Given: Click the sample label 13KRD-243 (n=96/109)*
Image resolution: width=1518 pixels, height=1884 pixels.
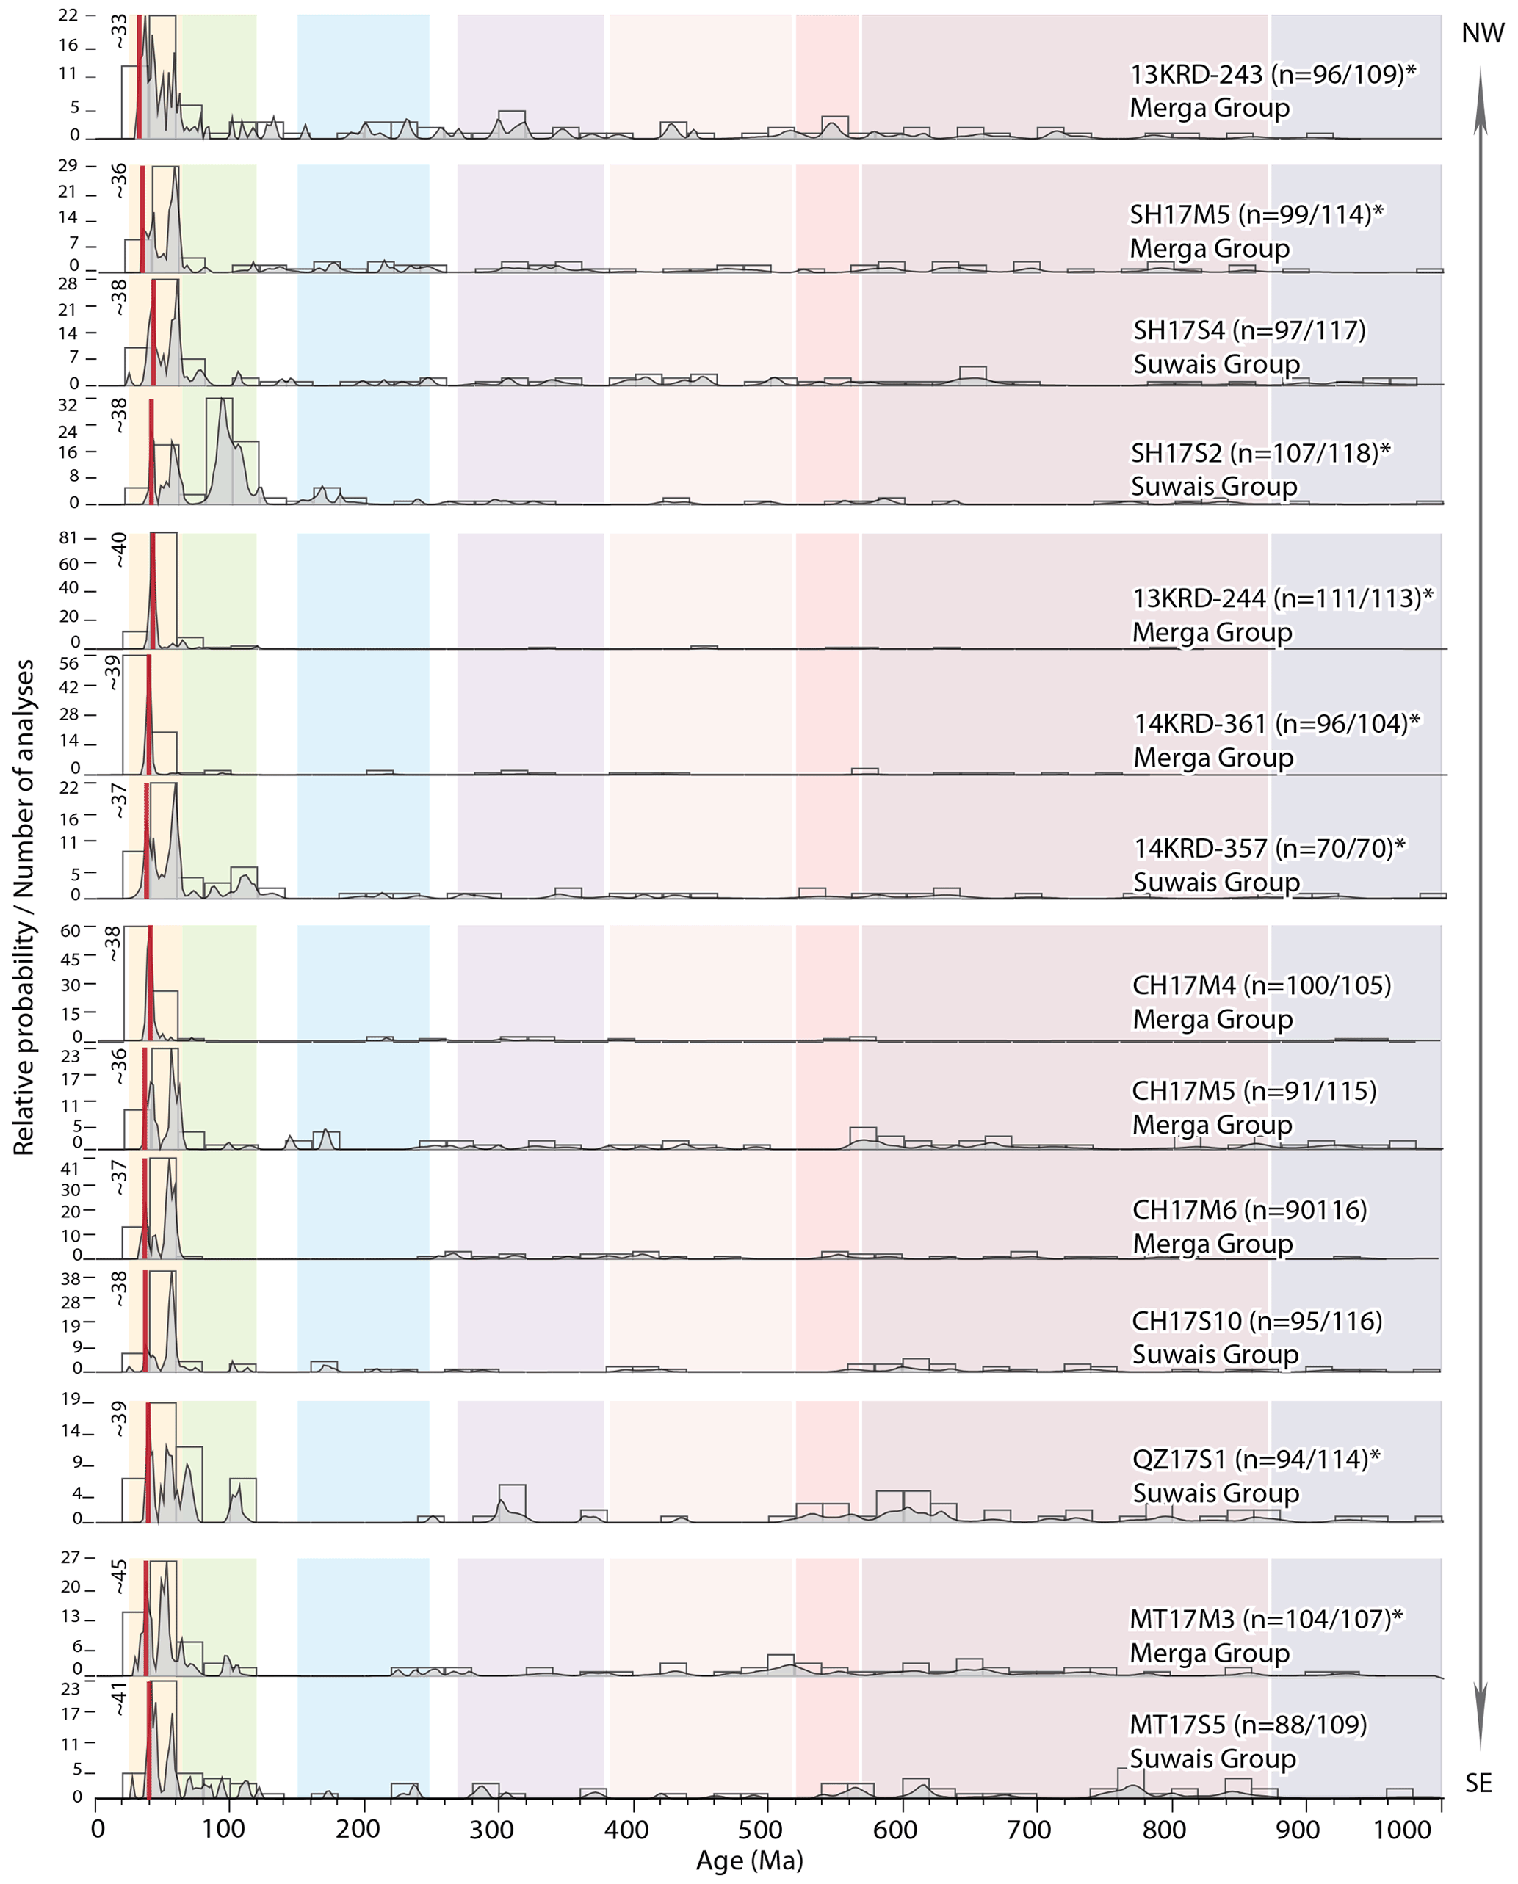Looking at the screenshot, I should point(1272,74).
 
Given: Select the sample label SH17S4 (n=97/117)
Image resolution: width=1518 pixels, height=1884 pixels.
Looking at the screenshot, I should point(1248,330).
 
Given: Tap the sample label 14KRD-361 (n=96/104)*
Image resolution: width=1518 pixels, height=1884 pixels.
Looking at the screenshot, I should point(1276,724).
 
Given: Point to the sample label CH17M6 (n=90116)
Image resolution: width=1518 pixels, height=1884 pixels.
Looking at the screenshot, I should point(1248,1210).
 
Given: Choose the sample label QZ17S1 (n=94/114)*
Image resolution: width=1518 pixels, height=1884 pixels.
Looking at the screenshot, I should point(1256,1459).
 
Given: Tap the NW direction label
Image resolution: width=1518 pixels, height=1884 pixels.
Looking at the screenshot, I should point(1483,33).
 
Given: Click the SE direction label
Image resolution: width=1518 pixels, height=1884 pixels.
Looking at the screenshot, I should point(1478,1783).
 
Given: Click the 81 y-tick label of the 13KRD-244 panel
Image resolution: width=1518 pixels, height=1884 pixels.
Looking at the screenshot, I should point(68,537).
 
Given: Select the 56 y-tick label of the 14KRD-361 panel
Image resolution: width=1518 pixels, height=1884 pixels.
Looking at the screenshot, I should point(68,664).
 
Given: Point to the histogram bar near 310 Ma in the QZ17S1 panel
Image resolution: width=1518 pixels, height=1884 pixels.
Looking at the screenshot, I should point(513,1501).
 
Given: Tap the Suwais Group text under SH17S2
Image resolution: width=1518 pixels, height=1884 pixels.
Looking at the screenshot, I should point(1214,486).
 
